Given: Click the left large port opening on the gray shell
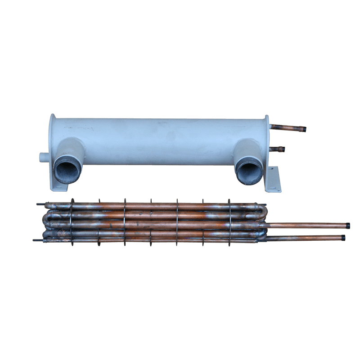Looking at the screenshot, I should [x=67, y=170].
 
